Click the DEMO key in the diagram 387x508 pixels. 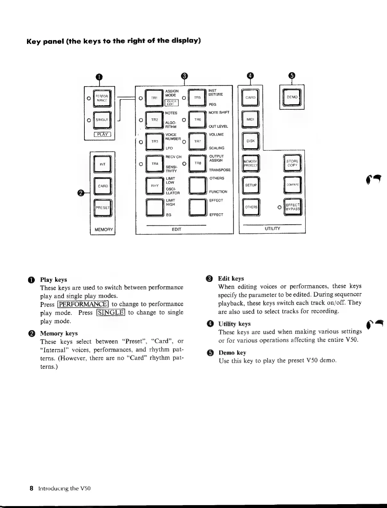coord(292,97)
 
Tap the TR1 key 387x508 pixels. coord(154,98)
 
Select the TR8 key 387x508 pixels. coord(197,163)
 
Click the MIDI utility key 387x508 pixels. coord(250,119)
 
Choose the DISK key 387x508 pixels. coord(250,141)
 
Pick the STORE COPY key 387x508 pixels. coord(292,163)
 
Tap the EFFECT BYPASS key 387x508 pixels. coord(292,207)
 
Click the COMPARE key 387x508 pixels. coord(292,185)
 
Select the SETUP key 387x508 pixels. coord(251,185)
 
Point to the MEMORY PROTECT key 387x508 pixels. coord(251,163)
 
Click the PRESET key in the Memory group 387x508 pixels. coord(102,207)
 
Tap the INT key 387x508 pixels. coord(102,164)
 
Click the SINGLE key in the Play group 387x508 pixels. coord(102,120)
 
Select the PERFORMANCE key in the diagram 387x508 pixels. coord(102,98)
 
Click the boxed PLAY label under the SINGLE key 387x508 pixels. coord(102,134)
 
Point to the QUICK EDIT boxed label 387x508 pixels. coord(171,103)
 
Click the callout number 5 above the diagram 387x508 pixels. coord(291,75)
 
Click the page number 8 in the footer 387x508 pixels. coord(31,488)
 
